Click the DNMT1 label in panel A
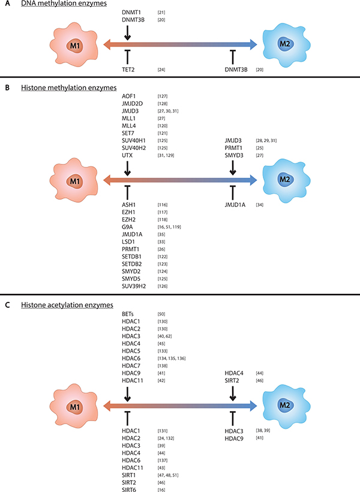point(130,12)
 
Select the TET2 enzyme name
point(127,70)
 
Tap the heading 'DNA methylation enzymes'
point(55,4)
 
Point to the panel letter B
point(7,88)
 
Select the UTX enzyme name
point(125,156)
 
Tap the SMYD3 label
point(232,156)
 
